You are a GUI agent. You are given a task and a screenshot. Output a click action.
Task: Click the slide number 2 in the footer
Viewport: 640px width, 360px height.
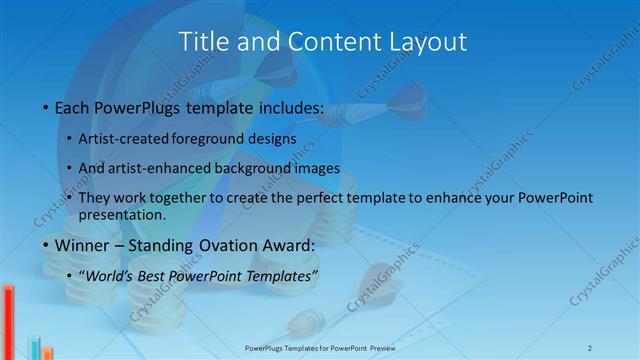590,347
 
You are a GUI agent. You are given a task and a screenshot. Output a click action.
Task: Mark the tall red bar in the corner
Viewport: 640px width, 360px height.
7,321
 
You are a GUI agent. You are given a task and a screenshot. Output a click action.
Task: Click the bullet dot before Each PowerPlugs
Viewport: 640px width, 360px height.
44,106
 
